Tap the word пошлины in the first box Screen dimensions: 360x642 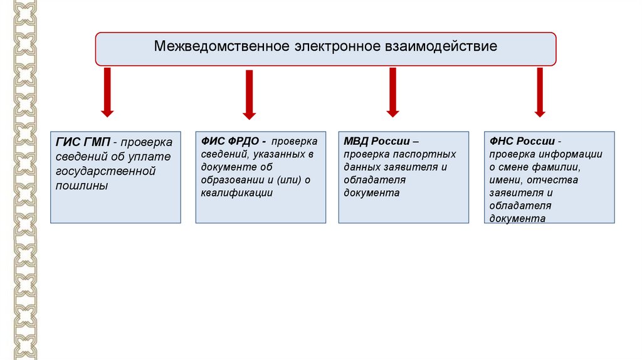(82, 186)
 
